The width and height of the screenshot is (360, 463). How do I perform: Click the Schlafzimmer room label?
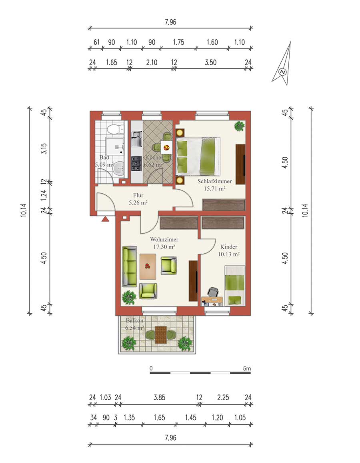(214, 181)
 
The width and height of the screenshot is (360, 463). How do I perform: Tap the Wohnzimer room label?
(164, 239)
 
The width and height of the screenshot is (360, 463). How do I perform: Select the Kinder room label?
(229, 247)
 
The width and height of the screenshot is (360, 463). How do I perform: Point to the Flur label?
(138, 195)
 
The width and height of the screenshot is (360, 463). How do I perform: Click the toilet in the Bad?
(115, 129)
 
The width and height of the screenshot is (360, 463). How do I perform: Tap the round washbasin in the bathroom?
(119, 169)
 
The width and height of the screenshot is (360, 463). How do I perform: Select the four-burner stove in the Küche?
(136, 164)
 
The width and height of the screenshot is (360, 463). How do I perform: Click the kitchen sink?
(137, 139)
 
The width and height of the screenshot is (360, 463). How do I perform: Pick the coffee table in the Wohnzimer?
(148, 267)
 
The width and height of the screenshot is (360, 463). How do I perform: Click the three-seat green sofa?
(130, 267)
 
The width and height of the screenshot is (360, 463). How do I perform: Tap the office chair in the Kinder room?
(213, 292)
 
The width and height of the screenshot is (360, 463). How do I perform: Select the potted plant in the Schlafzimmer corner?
(239, 126)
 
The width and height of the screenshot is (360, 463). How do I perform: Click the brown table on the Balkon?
(161, 335)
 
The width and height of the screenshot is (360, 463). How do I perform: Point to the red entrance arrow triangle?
(105, 219)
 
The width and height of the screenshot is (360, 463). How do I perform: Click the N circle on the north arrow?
(283, 72)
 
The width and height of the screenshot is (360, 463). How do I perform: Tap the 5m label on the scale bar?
(247, 369)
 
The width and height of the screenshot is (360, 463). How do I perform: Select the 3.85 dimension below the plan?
(159, 397)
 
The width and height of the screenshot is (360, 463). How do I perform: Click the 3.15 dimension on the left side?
(44, 148)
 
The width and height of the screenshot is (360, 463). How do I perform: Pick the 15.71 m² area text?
(214, 188)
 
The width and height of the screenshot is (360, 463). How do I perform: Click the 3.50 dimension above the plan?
(211, 62)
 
